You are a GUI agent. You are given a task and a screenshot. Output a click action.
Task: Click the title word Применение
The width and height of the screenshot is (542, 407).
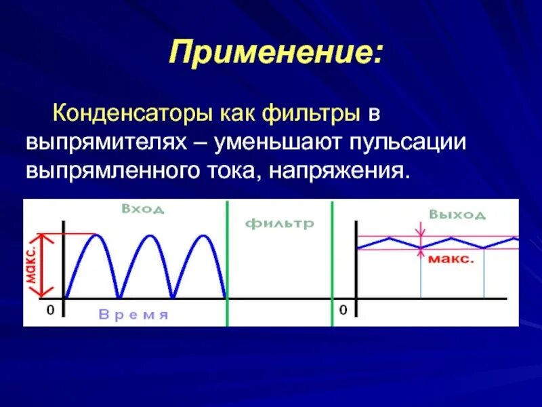pyautogui.click(x=274, y=53)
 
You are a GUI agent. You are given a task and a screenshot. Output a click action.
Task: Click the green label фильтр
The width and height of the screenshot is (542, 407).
pyautogui.click(x=279, y=223)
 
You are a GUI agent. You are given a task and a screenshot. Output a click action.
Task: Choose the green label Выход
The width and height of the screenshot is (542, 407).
pyautogui.click(x=457, y=214)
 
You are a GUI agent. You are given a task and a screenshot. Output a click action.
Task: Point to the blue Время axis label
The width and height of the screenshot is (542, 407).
pyautogui.click(x=133, y=315)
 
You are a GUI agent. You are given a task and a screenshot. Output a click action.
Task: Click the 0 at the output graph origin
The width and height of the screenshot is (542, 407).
pyautogui.click(x=343, y=310)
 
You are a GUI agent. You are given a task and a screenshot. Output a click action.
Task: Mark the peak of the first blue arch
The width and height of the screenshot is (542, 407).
pyautogui.click(x=96, y=235)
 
